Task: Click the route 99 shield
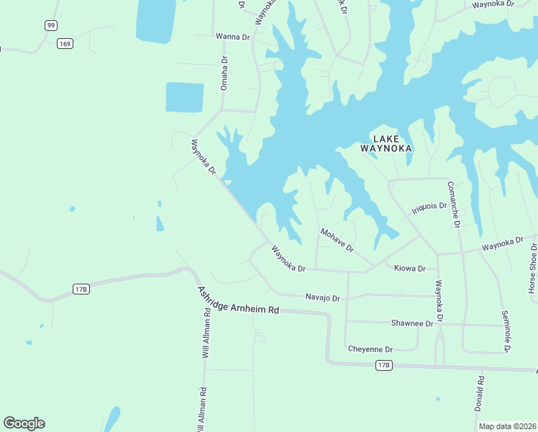pyautogui.click(x=50, y=26)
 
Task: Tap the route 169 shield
pyautogui.click(x=65, y=44)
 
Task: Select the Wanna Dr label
pyautogui.click(x=232, y=35)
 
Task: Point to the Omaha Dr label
pyautogui.click(x=224, y=73)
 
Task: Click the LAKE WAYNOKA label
pyautogui.click(x=386, y=143)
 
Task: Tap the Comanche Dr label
pyautogui.click(x=453, y=204)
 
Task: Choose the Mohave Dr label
pyautogui.click(x=337, y=240)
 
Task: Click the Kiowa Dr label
pyautogui.click(x=411, y=269)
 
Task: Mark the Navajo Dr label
pyautogui.click(x=322, y=297)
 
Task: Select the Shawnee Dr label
pyautogui.click(x=412, y=323)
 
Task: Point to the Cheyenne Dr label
pyautogui.click(x=370, y=349)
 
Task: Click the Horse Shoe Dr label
pyautogui.click(x=533, y=268)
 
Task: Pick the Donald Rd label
pyautogui.click(x=479, y=393)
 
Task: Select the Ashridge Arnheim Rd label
pyautogui.click(x=237, y=299)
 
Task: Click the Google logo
pyautogui.click(x=24, y=423)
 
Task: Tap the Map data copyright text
pyautogui.click(x=507, y=426)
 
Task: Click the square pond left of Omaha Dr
pyautogui.click(x=185, y=97)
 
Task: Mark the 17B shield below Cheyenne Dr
pyautogui.click(x=384, y=366)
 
